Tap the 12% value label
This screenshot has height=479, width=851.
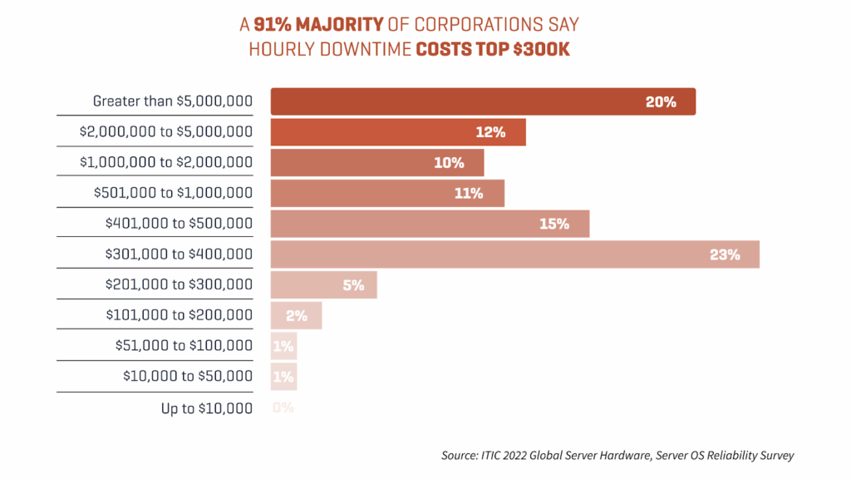point(490,133)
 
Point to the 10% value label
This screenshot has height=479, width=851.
point(449,163)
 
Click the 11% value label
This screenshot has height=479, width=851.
point(469,194)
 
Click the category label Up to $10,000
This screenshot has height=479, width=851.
point(206,407)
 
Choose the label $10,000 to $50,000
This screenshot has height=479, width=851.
point(187,377)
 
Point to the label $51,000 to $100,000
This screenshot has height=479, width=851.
point(184,346)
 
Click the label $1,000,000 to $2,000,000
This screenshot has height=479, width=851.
point(166,163)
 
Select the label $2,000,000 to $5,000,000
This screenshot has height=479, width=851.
point(166,132)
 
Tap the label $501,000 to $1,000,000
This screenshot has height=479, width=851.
point(173,194)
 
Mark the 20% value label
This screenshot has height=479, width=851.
point(661,102)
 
